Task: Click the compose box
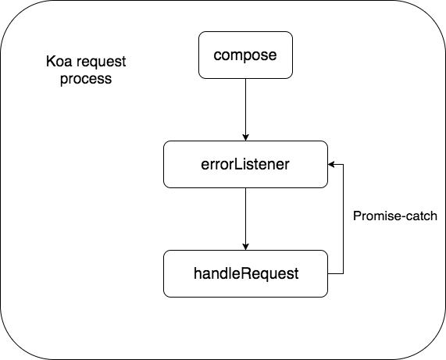pos(245,55)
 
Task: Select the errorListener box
pos(245,164)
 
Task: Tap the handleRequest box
pos(245,273)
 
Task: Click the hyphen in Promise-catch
pos(392,215)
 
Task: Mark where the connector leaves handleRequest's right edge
pos(329,273)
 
